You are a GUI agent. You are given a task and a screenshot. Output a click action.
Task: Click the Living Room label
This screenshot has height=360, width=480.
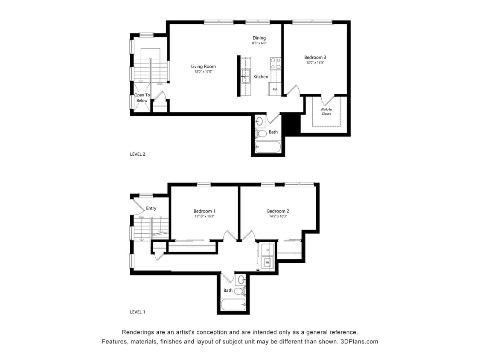[x=203, y=66]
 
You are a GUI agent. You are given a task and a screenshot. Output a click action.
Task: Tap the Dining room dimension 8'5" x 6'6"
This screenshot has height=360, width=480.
[x=259, y=43]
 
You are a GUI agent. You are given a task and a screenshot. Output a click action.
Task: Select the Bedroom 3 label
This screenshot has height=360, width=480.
[x=315, y=57]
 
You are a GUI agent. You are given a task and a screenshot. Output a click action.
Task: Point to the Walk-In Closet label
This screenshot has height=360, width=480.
[x=326, y=111]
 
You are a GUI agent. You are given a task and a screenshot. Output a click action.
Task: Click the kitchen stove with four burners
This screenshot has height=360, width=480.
[x=275, y=64]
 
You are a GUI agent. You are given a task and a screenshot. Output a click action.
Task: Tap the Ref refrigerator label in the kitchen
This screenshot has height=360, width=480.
[x=275, y=89]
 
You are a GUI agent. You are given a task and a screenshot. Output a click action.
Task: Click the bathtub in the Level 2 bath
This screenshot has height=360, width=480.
[x=268, y=147]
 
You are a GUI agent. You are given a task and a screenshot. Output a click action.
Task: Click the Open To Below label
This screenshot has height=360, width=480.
[x=142, y=98]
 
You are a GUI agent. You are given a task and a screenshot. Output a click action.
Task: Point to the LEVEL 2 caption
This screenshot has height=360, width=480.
[x=137, y=154]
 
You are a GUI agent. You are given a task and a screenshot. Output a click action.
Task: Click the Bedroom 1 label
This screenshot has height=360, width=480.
[x=204, y=211]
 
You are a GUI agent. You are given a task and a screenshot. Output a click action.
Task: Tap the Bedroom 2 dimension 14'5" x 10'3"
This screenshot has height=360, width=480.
[x=278, y=216]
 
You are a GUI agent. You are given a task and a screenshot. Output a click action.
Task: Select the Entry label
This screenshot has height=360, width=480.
[x=151, y=208]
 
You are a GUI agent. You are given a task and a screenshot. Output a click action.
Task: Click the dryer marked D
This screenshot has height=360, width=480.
[x=268, y=250]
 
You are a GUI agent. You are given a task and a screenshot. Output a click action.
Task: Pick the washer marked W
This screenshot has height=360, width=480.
[x=268, y=262]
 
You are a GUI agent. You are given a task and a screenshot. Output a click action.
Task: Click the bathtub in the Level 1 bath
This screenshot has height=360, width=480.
[x=234, y=305]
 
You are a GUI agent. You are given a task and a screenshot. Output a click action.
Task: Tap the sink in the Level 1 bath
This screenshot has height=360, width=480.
[x=241, y=280]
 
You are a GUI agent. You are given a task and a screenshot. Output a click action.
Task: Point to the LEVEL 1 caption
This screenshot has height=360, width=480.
[x=137, y=312]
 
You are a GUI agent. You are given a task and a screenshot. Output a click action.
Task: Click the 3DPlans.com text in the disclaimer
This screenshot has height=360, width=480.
[x=360, y=341]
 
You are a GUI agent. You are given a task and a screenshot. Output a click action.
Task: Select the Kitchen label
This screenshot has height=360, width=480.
[x=261, y=77]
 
